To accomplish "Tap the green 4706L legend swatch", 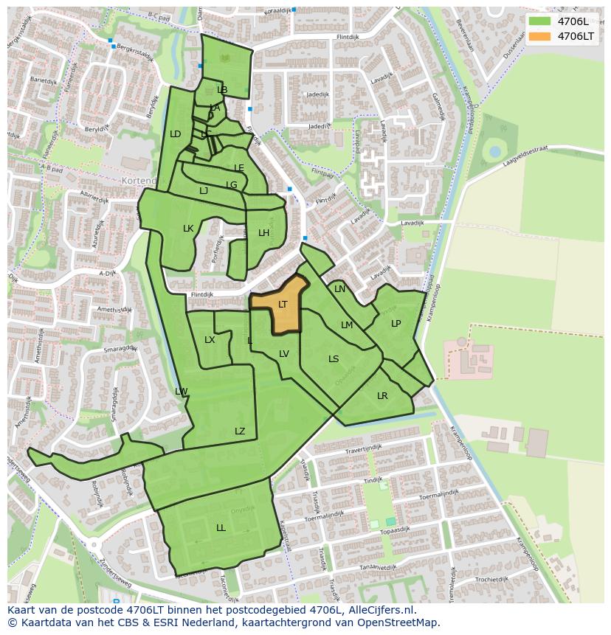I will (x=539, y=21).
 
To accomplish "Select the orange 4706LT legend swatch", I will (x=539, y=36).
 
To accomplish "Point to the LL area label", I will (x=221, y=528).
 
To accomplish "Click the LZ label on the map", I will (x=240, y=431).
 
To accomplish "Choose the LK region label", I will (x=188, y=229).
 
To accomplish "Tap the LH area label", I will (x=263, y=233).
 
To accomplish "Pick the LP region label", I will (x=396, y=324).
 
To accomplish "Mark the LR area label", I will (x=382, y=396).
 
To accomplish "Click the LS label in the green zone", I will (x=334, y=359).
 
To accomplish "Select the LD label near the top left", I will (x=175, y=134).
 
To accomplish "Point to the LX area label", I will (x=210, y=340).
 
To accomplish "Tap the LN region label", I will (x=339, y=289).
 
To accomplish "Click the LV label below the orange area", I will (x=284, y=354).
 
